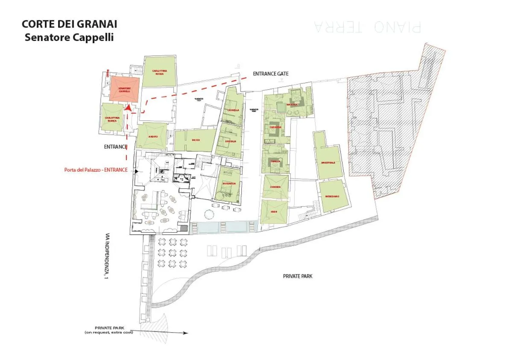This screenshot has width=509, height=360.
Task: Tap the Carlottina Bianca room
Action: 112,119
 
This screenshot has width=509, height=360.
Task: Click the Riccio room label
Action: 196,140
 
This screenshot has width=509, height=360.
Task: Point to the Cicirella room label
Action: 234,110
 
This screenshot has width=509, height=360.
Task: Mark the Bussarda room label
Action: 229,184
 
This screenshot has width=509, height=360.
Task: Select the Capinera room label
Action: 275,127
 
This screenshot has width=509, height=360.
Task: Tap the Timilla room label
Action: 275,161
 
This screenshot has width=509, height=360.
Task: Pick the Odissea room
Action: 275,187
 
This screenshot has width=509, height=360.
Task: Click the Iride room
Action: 274,212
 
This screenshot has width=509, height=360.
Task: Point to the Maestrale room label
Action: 328,163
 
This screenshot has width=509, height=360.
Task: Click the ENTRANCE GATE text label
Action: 270,74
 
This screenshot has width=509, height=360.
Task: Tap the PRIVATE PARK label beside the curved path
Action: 298,276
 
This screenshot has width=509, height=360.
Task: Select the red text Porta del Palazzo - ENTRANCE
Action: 99,170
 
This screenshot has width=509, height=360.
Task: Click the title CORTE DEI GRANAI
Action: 69,24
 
